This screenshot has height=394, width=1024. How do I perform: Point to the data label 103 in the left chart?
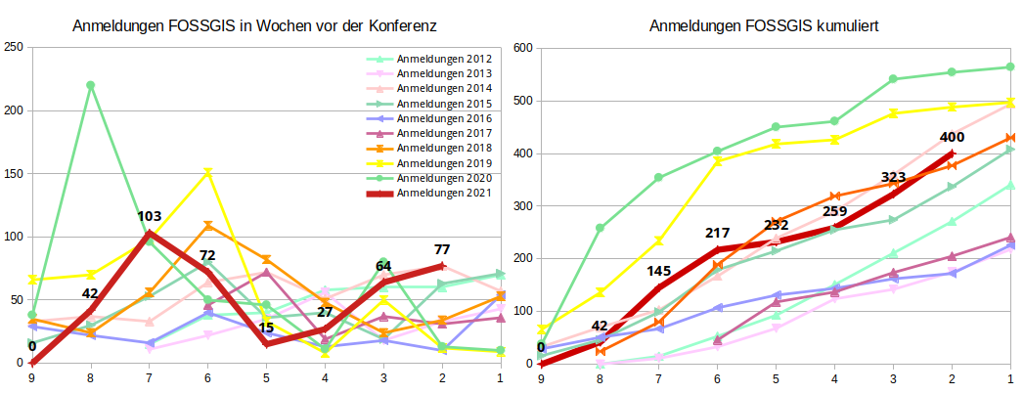[149, 217]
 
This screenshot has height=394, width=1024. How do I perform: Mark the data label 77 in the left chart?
[441, 249]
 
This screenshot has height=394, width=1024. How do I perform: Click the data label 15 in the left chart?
[266, 328]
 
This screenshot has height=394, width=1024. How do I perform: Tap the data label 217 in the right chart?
[717, 234]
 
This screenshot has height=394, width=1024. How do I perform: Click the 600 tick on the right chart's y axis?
[522, 48]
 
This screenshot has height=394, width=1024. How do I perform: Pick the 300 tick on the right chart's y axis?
[522, 206]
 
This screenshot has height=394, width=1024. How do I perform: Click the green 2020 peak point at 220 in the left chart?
[91, 85]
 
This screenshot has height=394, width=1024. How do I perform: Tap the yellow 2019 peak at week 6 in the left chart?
[207, 173]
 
